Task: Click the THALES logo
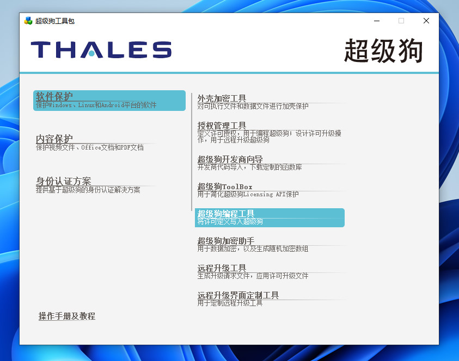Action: coord(101,49)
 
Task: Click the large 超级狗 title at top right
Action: coord(383,51)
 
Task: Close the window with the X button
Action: coord(426,21)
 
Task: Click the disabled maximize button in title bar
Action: coord(401,21)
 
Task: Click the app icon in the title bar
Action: coord(28,21)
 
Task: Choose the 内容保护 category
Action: coord(54,139)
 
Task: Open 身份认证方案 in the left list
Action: coord(64,181)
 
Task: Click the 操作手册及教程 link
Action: coord(67,316)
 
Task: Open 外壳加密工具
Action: coord(222,98)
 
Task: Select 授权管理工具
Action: coord(222,126)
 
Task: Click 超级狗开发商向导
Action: coord(230,159)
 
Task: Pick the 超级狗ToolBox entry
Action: coord(224,186)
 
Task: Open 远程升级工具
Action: coord(222,267)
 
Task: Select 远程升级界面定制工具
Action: coord(238,295)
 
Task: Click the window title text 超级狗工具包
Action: coord(54,21)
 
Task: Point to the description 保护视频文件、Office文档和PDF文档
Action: coord(90,147)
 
